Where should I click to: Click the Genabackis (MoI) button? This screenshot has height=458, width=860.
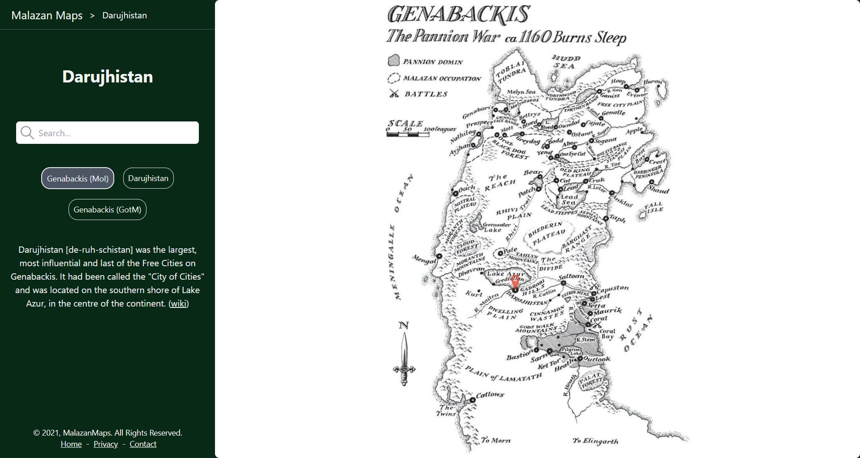pos(77,178)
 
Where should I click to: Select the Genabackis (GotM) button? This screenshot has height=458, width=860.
pos(107,209)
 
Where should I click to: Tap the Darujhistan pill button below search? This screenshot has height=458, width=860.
pos(148,178)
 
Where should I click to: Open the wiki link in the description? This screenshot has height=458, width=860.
pos(178,303)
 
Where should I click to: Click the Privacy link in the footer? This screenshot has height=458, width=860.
pos(106,444)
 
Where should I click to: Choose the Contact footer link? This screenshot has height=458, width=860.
pos(143,444)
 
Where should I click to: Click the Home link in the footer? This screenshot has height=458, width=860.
pos(71,444)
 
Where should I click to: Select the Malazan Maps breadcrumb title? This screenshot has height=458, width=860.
pos(47,15)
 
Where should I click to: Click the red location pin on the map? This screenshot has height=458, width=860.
pos(515,282)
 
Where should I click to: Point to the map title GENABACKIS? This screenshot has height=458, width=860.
pos(458,14)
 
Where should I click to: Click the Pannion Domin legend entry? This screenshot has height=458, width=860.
pos(432,62)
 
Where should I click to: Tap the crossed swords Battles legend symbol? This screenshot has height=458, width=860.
pos(394,93)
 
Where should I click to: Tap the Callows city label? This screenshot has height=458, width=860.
pos(490,395)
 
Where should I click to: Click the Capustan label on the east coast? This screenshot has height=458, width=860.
pos(612,288)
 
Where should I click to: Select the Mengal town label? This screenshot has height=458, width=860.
pos(423,259)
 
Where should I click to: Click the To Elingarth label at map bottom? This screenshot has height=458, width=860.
pos(595,441)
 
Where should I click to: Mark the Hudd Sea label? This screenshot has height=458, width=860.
pos(565,62)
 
